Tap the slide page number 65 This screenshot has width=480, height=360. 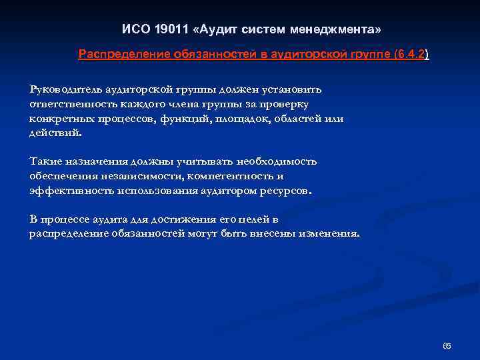click(x=447, y=345)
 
